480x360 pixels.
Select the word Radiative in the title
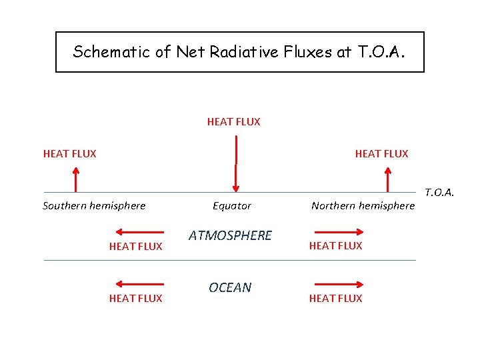(231, 52)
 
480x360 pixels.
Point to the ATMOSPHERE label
(230, 235)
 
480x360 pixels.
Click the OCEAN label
(230, 287)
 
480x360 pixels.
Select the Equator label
(232, 206)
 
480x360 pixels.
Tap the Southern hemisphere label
(94, 206)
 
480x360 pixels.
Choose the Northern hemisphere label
(363, 206)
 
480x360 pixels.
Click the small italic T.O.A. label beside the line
(439, 193)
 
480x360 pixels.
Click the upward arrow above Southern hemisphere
(76, 179)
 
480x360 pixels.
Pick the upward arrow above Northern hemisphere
(387, 179)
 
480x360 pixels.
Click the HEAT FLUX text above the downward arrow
(233, 122)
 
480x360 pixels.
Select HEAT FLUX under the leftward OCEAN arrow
(135, 299)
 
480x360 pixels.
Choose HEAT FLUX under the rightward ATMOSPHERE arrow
(335, 246)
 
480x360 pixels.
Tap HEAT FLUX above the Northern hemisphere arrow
(381, 154)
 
